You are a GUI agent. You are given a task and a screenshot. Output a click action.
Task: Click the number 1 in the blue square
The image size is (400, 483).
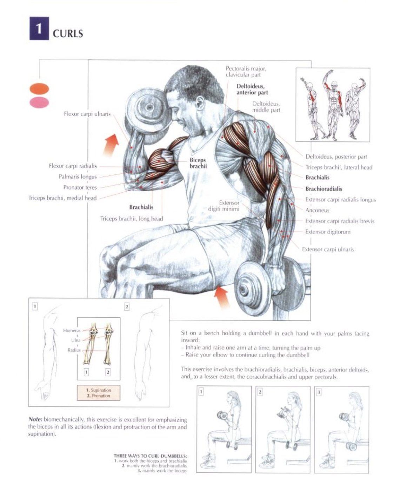pos(39,28)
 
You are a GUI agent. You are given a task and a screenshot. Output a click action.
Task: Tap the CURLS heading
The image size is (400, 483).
pos(68,34)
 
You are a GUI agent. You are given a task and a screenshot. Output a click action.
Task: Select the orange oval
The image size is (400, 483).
pos(39,88)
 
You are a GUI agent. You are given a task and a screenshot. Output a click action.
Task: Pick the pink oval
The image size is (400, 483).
pos(39,102)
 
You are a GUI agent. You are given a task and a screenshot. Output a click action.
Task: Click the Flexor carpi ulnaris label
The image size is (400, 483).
pos(87,114)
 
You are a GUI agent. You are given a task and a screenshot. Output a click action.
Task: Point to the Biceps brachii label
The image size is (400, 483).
pos(198,163)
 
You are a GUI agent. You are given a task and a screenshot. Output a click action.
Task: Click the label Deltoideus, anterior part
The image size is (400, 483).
pos(252,89)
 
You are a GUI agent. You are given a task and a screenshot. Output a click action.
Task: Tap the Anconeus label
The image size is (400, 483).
pos(317,210)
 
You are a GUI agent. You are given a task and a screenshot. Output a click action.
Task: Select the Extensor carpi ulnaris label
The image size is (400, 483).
pos(328,249)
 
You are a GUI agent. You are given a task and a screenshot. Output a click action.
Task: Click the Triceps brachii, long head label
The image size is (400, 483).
pos(132,219)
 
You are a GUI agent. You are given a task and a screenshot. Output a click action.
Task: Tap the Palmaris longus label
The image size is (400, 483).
pos(78,177)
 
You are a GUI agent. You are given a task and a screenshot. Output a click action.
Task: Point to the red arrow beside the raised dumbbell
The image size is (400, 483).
pos(111,145)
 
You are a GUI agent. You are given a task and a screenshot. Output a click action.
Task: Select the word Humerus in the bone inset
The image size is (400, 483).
pos(72,331)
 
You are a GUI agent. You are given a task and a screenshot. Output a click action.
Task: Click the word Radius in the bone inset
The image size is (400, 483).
pos(74,350)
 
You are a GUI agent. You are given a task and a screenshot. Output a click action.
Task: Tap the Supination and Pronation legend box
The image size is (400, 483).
pos(99,393)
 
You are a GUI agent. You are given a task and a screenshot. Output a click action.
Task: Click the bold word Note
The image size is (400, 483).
pos(35,419)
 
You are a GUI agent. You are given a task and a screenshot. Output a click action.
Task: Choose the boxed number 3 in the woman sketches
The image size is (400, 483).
pos(319,392)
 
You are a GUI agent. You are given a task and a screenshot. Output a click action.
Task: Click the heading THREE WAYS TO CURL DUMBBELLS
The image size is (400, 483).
pos(150,456)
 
